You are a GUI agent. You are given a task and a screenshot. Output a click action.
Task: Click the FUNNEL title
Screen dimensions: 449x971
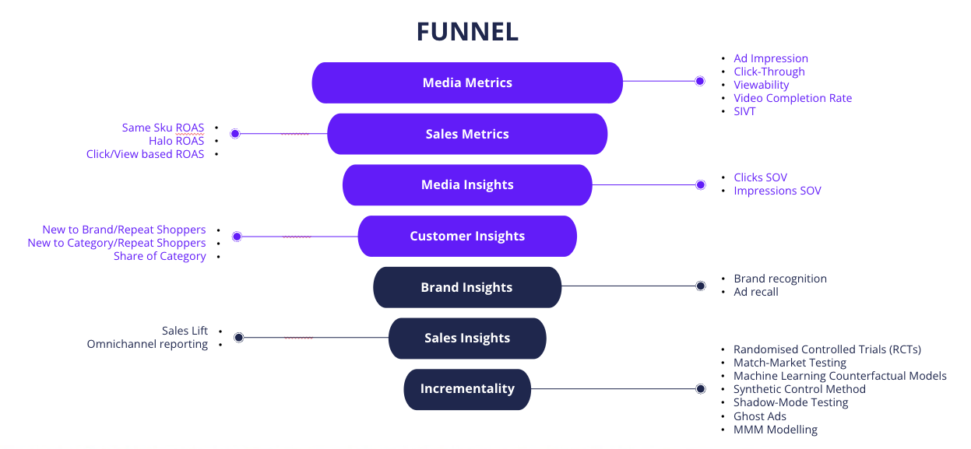(467, 32)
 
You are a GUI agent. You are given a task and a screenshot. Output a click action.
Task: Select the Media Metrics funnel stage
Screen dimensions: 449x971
(467, 82)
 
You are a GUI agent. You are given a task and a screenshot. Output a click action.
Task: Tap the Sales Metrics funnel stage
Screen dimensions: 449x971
(467, 134)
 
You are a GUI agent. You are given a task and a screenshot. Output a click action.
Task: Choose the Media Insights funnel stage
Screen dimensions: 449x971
(467, 185)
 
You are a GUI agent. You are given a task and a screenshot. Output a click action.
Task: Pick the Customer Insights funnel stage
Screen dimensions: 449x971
(467, 237)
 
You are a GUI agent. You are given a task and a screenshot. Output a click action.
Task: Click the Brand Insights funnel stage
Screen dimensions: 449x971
(467, 287)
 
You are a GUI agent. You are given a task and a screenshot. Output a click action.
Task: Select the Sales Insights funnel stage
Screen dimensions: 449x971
(467, 339)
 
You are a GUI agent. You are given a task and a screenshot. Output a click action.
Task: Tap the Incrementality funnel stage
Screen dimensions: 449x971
(467, 389)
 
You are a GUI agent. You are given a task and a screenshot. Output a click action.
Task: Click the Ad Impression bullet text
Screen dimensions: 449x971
(770, 58)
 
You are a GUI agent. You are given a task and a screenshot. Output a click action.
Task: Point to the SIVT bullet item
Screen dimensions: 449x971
(744, 111)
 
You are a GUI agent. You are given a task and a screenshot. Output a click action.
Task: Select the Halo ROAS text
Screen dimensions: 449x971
(176, 141)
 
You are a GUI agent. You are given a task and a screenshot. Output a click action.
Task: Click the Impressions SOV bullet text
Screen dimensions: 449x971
(777, 191)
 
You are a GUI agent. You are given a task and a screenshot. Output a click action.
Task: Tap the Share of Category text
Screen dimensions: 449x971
(160, 256)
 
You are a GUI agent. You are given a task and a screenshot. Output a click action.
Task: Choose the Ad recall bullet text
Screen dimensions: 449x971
(755, 292)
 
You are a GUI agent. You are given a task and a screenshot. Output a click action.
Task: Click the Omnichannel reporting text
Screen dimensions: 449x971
(147, 344)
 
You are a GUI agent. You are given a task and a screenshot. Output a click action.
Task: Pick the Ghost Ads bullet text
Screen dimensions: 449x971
(759, 416)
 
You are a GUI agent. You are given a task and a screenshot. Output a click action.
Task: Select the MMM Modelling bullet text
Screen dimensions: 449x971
(775, 430)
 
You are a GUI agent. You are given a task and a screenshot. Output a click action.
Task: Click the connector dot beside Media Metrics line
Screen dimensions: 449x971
(700, 81)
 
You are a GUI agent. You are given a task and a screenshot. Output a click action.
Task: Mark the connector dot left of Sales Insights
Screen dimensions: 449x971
(239, 338)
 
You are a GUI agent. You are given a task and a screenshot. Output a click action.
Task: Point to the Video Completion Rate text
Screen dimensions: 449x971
(792, 98)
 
